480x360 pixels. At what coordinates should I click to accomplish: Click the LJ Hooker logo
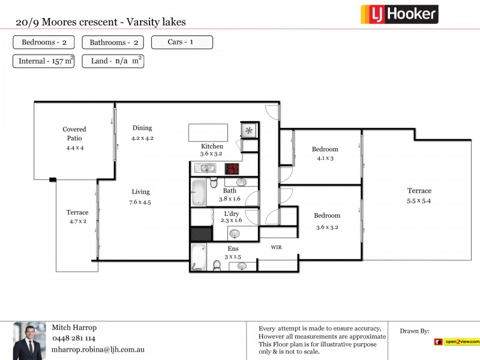[399, 14]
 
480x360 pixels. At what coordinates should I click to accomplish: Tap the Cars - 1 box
[182, 43]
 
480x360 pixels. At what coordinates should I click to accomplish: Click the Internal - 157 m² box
[44, 61]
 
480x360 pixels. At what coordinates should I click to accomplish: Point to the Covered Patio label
[74, 133]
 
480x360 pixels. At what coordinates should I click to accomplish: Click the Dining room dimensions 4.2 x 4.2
[142, 138]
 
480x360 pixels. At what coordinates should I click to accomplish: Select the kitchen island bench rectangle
[208, 133]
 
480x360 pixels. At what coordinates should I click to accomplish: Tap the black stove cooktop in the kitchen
[232, 169]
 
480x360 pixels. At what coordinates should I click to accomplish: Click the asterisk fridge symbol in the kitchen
[248, 131]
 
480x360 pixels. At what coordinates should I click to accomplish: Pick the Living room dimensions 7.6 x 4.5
[141, 202]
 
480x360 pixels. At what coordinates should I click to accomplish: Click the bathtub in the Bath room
[198, 192]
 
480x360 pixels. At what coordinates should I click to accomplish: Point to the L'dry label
[232, 214]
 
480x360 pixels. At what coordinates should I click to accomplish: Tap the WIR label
[276, 247]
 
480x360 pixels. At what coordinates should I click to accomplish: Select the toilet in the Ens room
[217, 265]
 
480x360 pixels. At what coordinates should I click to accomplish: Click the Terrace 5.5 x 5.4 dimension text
[419, 201]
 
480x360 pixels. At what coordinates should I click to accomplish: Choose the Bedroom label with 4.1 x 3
[325, 149]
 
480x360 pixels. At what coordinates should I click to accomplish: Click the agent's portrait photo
[29, 341]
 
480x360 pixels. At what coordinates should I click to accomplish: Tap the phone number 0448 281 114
[73, 338]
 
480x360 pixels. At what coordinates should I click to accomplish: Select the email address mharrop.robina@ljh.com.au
[98, 349]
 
